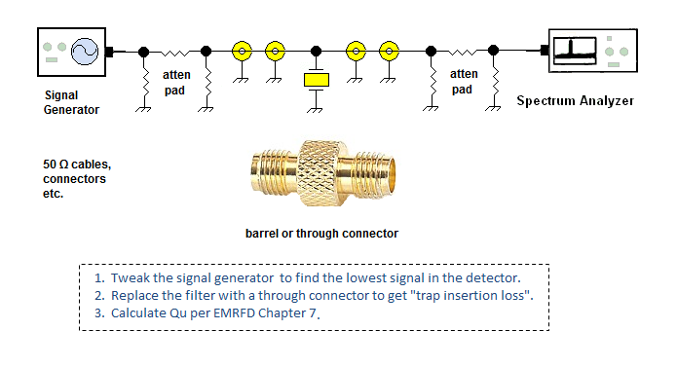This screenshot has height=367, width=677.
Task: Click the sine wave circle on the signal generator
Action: (85, 52)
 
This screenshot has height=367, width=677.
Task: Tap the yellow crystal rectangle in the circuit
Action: (317, 80)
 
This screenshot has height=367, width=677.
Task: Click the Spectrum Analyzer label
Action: (575, 101)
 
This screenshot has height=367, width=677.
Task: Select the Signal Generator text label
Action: (71, 102)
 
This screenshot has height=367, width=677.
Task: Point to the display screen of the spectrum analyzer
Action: (575, 51)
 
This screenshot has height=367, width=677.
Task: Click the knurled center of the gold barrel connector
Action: (320, 173)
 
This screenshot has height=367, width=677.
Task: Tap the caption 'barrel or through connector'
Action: (321, 234)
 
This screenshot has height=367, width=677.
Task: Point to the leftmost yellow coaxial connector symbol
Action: (242, 52)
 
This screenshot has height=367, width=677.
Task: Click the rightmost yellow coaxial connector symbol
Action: (389, 52)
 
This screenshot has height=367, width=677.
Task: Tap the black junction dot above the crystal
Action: (316, 52)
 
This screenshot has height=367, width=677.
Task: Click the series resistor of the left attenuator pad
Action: (175, 53)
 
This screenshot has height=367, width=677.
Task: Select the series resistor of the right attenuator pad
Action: (463, 53)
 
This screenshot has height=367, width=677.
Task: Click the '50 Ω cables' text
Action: (77, 165)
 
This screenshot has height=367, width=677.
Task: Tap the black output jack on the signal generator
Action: (109, 52)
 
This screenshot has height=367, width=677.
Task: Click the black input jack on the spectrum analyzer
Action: (545, 51)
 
